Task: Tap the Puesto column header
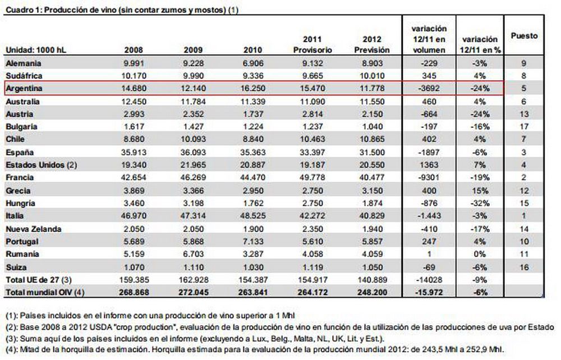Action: [x=524, y=35]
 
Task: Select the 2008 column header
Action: [x=137, y=50]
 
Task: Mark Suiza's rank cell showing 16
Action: [x=523, y=267]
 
